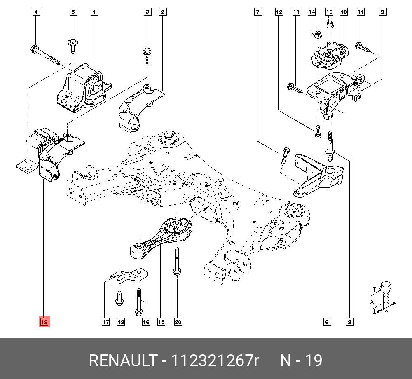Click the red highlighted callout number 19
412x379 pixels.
[x=44, y=322]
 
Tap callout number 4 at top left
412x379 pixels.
[x=36, y=12]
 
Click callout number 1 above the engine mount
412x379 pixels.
[x=94, y=12]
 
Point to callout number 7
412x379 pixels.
[x=257, y=12]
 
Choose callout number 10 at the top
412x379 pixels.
[x=344, y=12]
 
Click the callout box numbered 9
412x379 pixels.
[x=382, y=12]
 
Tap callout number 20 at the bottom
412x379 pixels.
[x=178, y=322]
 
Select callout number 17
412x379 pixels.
[x=105, y=322]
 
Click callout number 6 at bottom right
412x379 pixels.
[x=327, y=322]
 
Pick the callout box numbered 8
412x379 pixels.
[x=349, y=322]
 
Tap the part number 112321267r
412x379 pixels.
[x=215, y=361]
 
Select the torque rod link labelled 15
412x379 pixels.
[x=161, y=239]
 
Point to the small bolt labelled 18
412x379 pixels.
[x=119, y=298]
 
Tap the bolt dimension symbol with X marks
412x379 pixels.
[x=383, y=299]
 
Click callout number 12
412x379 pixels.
[x=279, y=12]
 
